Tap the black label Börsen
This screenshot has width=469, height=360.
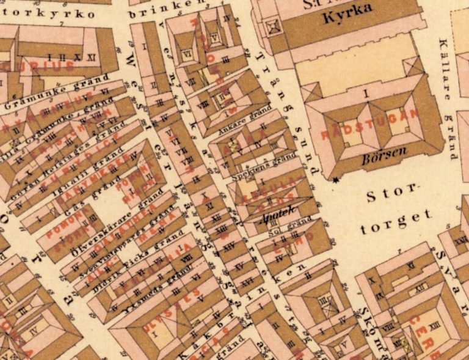click(378, 157)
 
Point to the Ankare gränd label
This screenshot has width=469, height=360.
click(241, 125)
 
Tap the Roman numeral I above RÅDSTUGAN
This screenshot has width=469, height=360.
click(367, 94)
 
